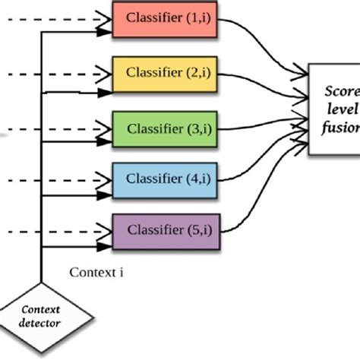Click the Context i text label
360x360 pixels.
point(96,270)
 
